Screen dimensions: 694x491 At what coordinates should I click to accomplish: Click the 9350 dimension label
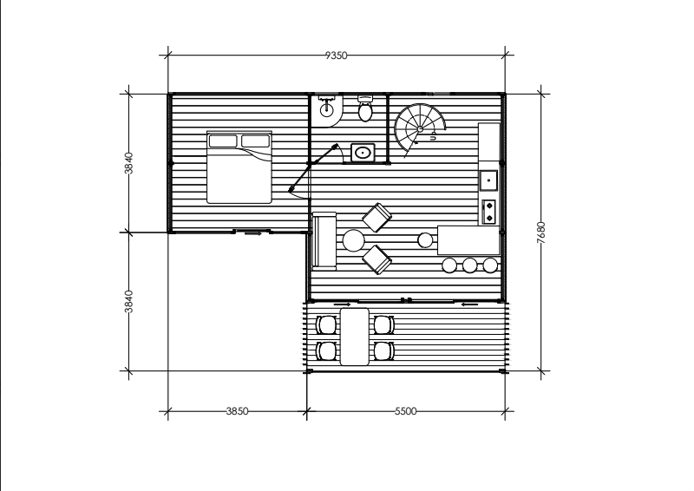point(337,56)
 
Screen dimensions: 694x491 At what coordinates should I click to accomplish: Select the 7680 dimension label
point(540,232)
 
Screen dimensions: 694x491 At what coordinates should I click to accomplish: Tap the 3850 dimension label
point(237,411)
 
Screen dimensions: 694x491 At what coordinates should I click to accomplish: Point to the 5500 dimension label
point(406,411)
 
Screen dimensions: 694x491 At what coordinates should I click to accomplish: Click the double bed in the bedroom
point(239,167)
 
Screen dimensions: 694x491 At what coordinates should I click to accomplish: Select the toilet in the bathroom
point(365,108)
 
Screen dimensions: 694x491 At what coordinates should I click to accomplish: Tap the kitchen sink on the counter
point(488,180)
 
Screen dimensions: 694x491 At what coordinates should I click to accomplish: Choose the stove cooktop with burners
point(489,212)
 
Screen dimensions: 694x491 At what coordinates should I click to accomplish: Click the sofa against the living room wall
point(324,241)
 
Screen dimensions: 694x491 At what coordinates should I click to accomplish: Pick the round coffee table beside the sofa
point(354,241)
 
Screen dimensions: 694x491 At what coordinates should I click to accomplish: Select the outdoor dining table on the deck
point(354,337)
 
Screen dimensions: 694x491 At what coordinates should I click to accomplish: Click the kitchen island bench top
point(468,240)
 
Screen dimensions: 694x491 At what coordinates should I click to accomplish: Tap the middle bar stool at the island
point(469,265)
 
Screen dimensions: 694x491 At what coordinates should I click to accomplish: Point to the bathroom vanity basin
point(363,153)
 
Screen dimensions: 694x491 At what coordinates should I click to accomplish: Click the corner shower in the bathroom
point(327,110)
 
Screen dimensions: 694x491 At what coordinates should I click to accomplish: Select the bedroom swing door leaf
point(313,167)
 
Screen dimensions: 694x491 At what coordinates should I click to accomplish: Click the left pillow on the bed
point(223,141)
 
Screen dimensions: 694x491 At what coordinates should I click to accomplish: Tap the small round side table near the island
point(425,240)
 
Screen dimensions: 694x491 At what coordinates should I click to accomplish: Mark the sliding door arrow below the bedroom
point(252,233)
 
